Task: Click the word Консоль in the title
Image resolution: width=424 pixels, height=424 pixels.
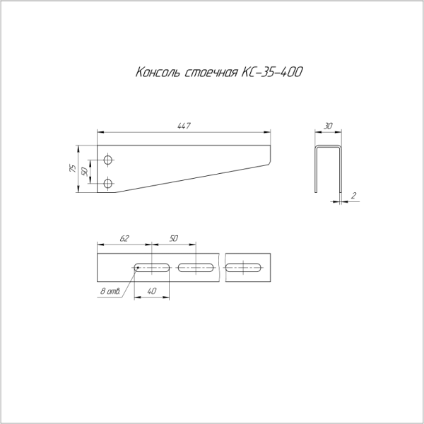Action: pos(158,72)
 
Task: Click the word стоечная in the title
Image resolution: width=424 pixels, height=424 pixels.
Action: pos(211,73)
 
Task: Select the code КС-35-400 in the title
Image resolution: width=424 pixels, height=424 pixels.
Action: pos(272,72)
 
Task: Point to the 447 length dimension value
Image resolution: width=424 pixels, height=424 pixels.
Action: pos(184,126)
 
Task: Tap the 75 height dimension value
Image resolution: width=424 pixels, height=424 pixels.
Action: pos(73,168)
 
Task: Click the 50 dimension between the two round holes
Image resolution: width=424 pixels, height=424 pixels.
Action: pos(85,172)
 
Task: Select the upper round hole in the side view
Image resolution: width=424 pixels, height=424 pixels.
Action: pos(108,160)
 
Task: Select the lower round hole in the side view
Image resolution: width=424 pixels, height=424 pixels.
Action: pos(108,183)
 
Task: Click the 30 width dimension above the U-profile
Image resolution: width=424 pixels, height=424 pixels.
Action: pos(328,126)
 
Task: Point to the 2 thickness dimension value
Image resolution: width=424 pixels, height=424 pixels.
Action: pos(354,196)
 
